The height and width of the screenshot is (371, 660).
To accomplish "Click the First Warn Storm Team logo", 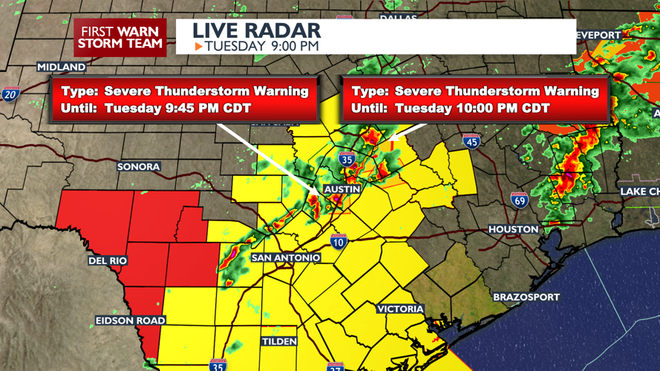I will [120, 37].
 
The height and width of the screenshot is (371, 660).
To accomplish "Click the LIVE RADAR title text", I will [256, 30].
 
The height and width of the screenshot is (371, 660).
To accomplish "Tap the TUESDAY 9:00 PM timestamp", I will [262, 46].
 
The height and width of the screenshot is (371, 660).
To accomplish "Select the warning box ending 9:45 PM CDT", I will [184, 100].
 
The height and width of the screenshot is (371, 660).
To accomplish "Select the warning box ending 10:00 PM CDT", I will [475, 100].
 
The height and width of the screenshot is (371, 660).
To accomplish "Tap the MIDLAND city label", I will [62, 67].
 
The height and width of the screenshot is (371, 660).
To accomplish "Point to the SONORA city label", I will [139, 167].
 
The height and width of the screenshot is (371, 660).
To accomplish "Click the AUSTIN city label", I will [342, 189].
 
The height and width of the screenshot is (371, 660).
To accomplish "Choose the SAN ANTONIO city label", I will [286, 257].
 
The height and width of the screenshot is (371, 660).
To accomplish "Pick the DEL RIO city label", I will [108, 261].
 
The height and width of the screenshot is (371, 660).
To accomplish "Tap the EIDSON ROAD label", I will [130, 321].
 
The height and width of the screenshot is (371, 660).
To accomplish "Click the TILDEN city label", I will [279, 341].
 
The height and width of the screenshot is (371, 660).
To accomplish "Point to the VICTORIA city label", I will [401, 309].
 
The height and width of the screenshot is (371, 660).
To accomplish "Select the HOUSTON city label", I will [513, 230].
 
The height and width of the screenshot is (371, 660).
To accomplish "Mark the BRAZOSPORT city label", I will [526, 297].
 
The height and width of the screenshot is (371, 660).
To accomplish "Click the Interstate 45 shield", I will [471, 141].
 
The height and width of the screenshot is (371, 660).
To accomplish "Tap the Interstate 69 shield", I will [520, 200].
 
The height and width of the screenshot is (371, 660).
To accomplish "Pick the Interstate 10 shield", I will [339, 240].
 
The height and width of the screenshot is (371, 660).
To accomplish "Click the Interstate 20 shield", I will [10, 93].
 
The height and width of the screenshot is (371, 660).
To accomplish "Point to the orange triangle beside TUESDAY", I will [198, 47].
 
